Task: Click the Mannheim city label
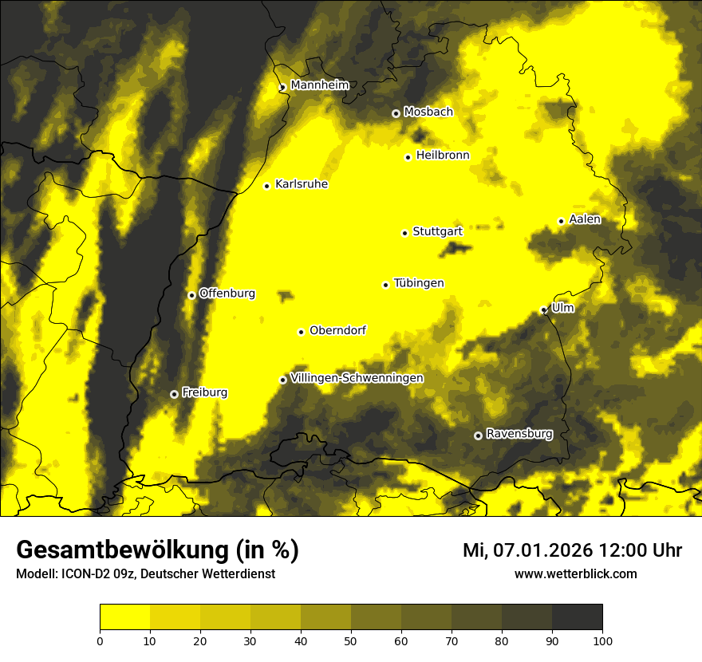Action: click(319, 85)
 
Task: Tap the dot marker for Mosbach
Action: click(396, 113)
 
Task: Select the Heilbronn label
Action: click(443, 156)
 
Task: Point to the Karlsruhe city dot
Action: click(267, 187)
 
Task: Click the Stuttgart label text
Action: click(437, 231)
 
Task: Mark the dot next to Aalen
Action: click(561, 221)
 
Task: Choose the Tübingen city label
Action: click(419, 283)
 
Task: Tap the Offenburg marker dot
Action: click(191, 295)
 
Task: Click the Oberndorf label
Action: click(337, 330)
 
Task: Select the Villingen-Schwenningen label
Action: click(357, 378)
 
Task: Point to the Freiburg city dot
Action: click(174, 394)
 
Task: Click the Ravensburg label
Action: click(519, 434)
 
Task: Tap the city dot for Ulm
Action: click(543, 310)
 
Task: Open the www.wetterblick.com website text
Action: click(576, 573)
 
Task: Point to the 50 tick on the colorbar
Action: click(351, 640)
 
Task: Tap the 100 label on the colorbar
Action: click(602, 640)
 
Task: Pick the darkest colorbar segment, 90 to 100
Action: click(577, 617)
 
